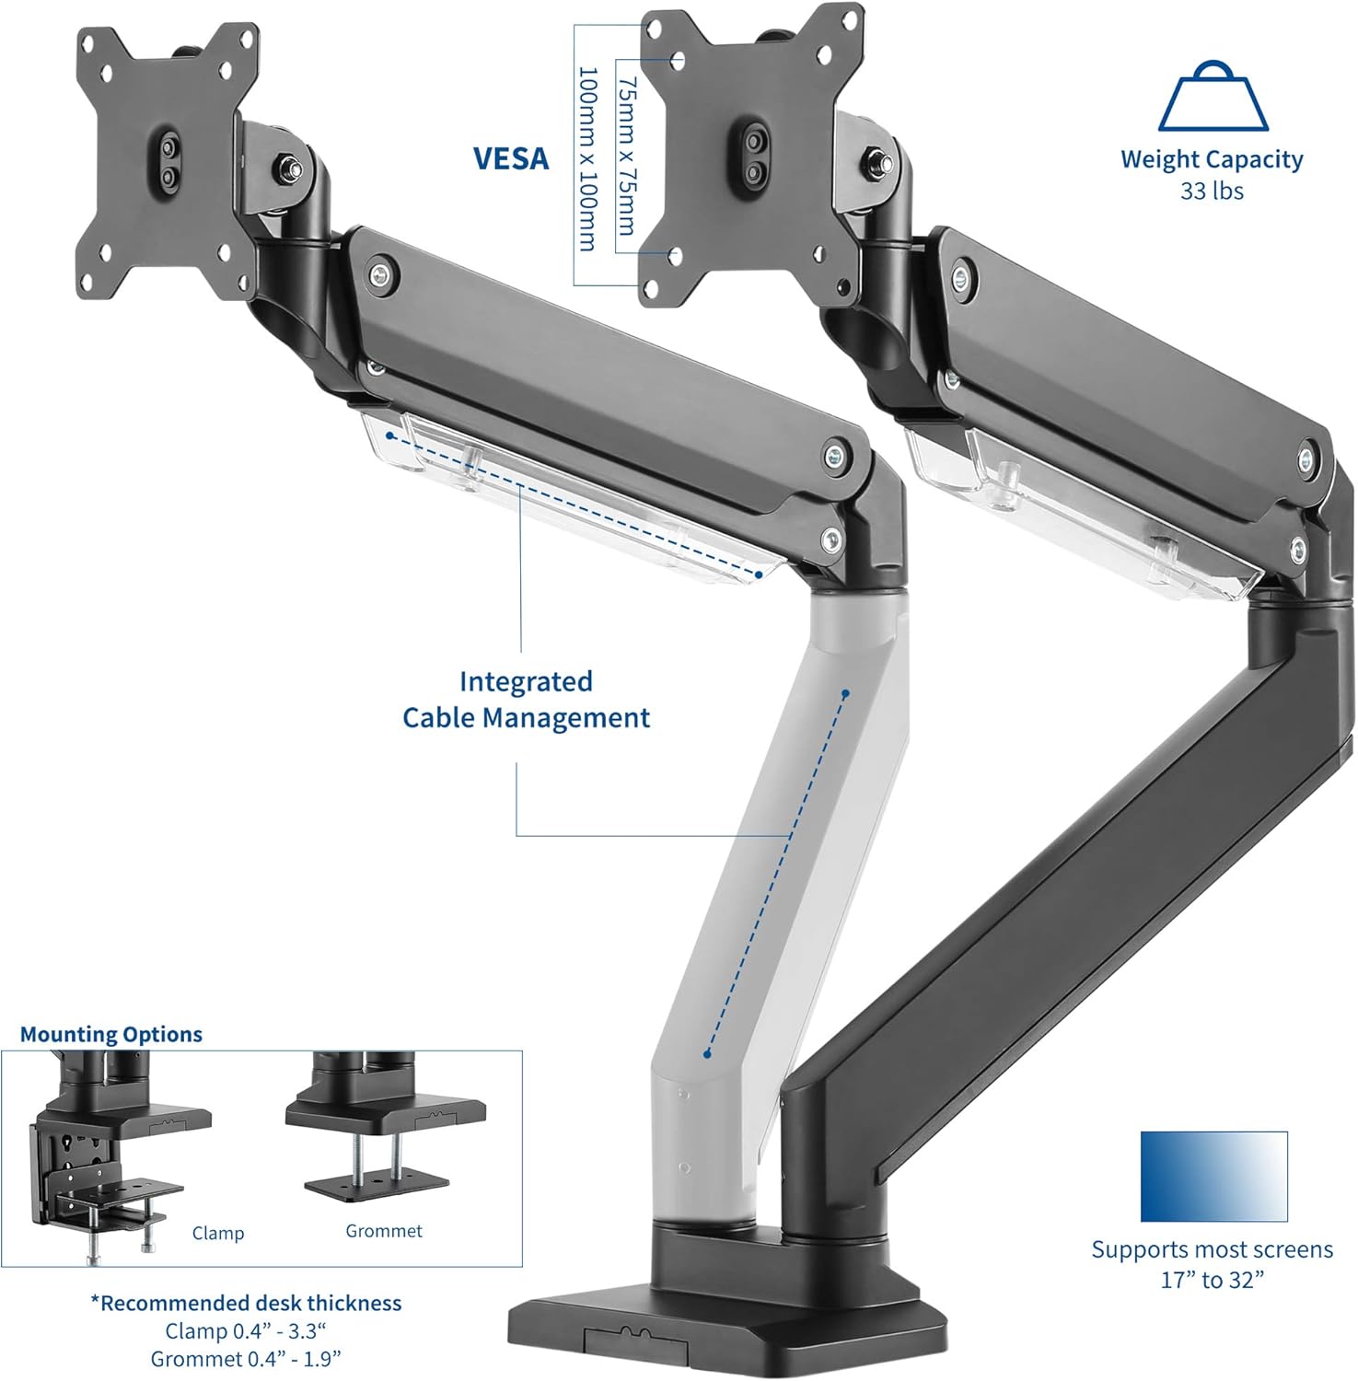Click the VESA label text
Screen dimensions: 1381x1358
[x=511, y=158]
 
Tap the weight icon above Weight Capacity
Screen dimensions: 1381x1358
[x=1213, y=97]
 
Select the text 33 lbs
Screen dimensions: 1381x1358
[x=1212, y=191]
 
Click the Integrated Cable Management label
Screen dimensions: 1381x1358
[x=526, y=700]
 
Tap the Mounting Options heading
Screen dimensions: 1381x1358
[x=111, y=1034]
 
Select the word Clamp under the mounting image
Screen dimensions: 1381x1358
[x=218, y=1233]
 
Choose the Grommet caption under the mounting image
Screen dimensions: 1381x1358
[x=384, y=1231]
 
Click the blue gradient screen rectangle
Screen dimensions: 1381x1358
[x=1213, y=1176]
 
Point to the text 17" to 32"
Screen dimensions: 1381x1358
[x=1212, y=1280]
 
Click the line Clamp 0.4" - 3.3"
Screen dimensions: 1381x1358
[x=246, y=1331]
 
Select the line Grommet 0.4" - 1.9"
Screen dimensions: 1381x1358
[x=246, y=1359]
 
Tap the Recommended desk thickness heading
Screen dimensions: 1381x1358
[x=246, y=1303]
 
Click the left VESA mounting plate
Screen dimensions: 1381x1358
[x=167, y=161]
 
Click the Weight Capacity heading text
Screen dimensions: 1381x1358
[x=1212, y=159]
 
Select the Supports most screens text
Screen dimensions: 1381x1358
[x=1212, y=1249]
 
